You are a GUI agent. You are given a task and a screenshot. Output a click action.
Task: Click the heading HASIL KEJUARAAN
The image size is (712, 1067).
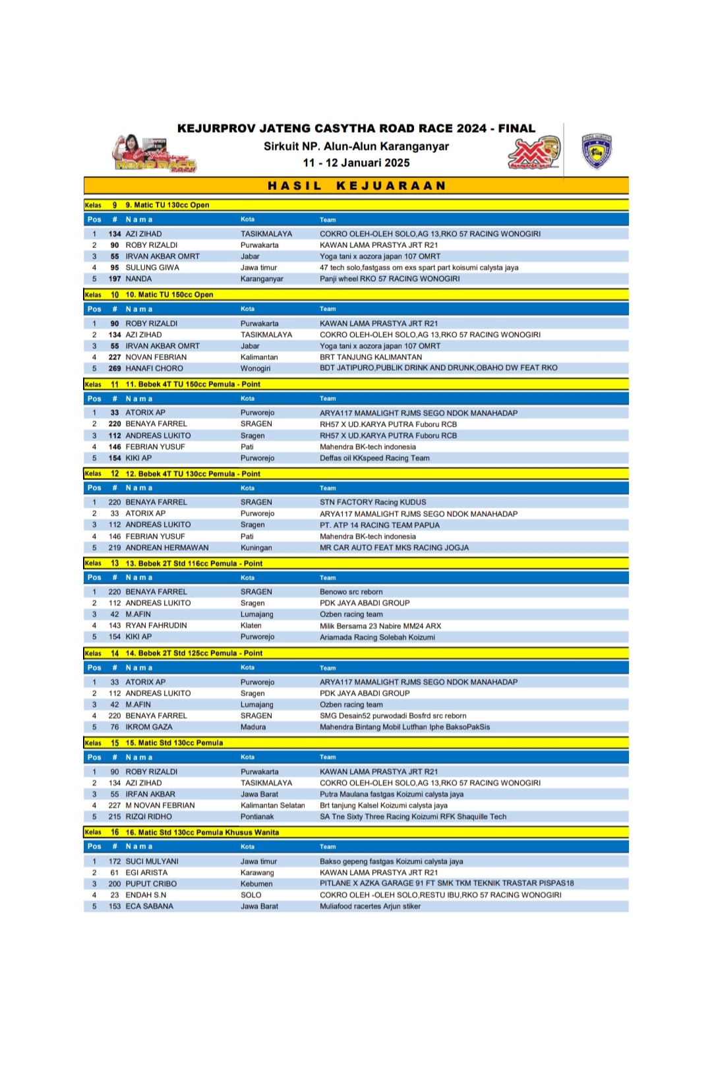pyautogui.click(x=357, y=186)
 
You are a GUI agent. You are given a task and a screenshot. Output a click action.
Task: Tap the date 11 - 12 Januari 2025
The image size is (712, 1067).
pyautogui.click(x=356, y=163)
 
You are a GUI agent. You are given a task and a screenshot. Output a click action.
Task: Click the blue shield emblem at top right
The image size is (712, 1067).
pyautogui.click(x=596, y=151)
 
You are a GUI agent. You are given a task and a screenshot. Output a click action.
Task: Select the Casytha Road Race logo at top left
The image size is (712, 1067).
pyautogui.click(x=154, y=154)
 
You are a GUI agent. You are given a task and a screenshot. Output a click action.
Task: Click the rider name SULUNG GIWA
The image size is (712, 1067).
pyautogui.click(x=152, y=268)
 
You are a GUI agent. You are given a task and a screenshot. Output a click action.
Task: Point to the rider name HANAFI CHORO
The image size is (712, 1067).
pyautogui.click(x=154, y=368)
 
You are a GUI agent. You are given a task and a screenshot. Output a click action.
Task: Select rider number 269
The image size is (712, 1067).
pyautogui.click(x=115, y=368)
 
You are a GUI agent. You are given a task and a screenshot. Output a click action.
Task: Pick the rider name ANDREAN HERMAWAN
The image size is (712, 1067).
pyautogui.click(x=167, y=548)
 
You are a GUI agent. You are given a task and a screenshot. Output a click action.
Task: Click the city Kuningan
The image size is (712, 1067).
pyautogui.click(x=256, y=548)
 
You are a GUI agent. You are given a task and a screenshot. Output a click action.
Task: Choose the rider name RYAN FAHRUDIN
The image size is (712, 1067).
pyautogui.click(x=156, y=625)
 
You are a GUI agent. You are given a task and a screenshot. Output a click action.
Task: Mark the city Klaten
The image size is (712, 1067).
pyautogui.click(x=251, y=625)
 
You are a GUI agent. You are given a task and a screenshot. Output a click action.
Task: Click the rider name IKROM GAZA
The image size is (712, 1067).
pyautogui.click(x=149, y=727)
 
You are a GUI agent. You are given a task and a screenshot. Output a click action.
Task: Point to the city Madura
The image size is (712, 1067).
pyautogui.click(x=253, y=727)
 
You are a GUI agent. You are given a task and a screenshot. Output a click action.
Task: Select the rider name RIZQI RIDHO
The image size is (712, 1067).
pyautogui.click(x=149, y=817)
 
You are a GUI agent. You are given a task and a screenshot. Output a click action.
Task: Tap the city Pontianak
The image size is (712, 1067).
pyautogui.click(x=257, y=817)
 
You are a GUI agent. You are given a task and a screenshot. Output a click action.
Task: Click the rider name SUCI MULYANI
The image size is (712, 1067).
pyautogui.click(x=152, y=861)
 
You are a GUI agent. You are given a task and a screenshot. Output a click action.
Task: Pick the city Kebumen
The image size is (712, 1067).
pyautogui.click(x=256, y=884)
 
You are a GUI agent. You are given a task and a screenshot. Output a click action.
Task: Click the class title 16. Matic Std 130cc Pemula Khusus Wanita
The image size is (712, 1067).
pyautogui.click(x=202, y=832)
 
